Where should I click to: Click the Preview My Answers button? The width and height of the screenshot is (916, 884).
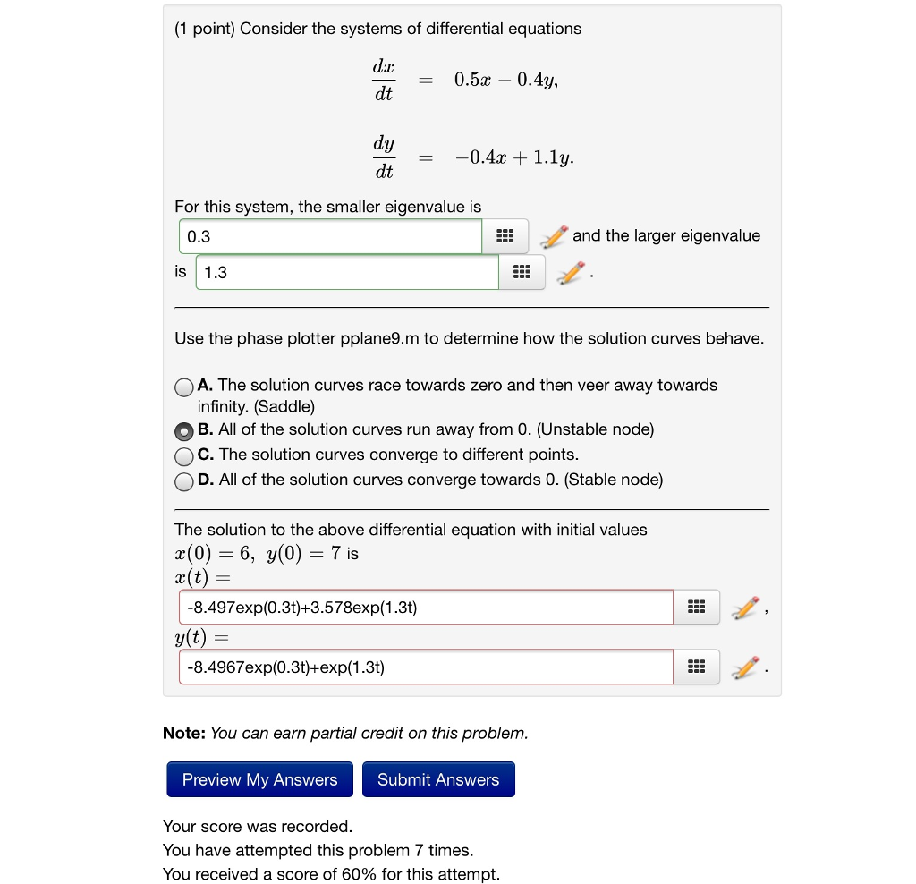pos(259,779)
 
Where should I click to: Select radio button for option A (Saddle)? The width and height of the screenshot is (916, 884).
pos(183,387)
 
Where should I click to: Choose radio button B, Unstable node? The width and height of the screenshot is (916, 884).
pos(183,430)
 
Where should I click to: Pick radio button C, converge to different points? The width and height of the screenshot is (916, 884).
pos(183,455)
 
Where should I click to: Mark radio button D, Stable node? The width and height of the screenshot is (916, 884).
pos(183,480)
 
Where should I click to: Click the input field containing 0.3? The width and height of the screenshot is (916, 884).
pos(330,236)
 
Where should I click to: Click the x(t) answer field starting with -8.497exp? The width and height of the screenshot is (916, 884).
pos(426,608)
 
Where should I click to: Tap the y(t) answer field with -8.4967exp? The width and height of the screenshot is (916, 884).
pos(426,667)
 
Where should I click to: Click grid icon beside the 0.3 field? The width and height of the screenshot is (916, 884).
pos(505,236)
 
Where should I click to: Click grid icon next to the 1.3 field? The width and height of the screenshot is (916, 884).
pos(522,273)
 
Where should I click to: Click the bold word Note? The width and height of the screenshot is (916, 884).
pos(184,734)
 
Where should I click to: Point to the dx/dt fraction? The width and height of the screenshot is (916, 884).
pos(383,81)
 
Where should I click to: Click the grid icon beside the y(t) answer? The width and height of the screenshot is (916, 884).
pos(696,667)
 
